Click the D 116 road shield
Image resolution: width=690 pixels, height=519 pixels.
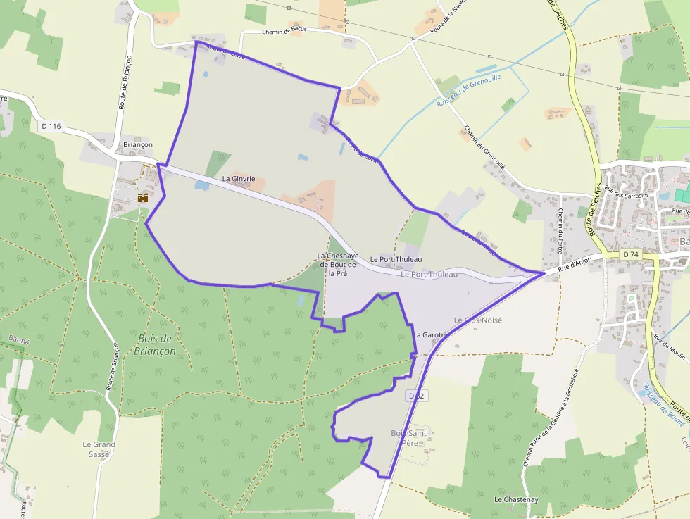(x=51, y=126)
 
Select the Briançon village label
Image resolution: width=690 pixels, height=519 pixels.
(x=137, y=144)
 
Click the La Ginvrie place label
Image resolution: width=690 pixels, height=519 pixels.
(x=238, y=179)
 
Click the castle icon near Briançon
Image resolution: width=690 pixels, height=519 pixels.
(x=143, y=199)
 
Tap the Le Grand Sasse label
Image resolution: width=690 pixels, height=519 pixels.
(x=99, y=449)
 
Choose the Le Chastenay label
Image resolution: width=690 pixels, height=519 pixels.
(x=516, y=499)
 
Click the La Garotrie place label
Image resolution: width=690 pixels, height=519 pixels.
(x=432, y=334)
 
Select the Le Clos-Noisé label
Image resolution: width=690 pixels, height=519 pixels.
(x=478, y=320)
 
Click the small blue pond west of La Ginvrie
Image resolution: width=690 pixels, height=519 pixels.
(x=201, y=187)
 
